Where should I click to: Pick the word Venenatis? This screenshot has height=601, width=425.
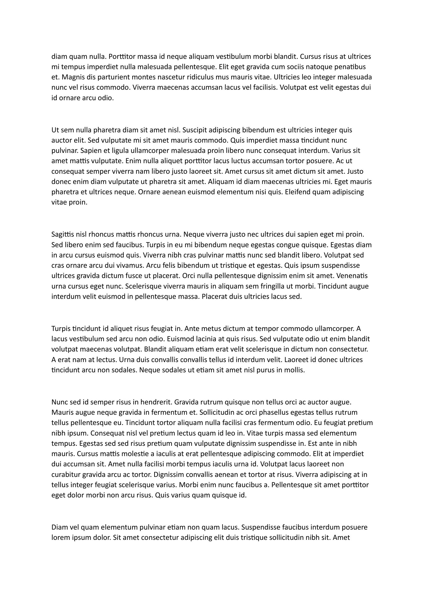[x=352, y=276]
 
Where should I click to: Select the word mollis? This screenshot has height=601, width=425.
[x=296, y=370]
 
